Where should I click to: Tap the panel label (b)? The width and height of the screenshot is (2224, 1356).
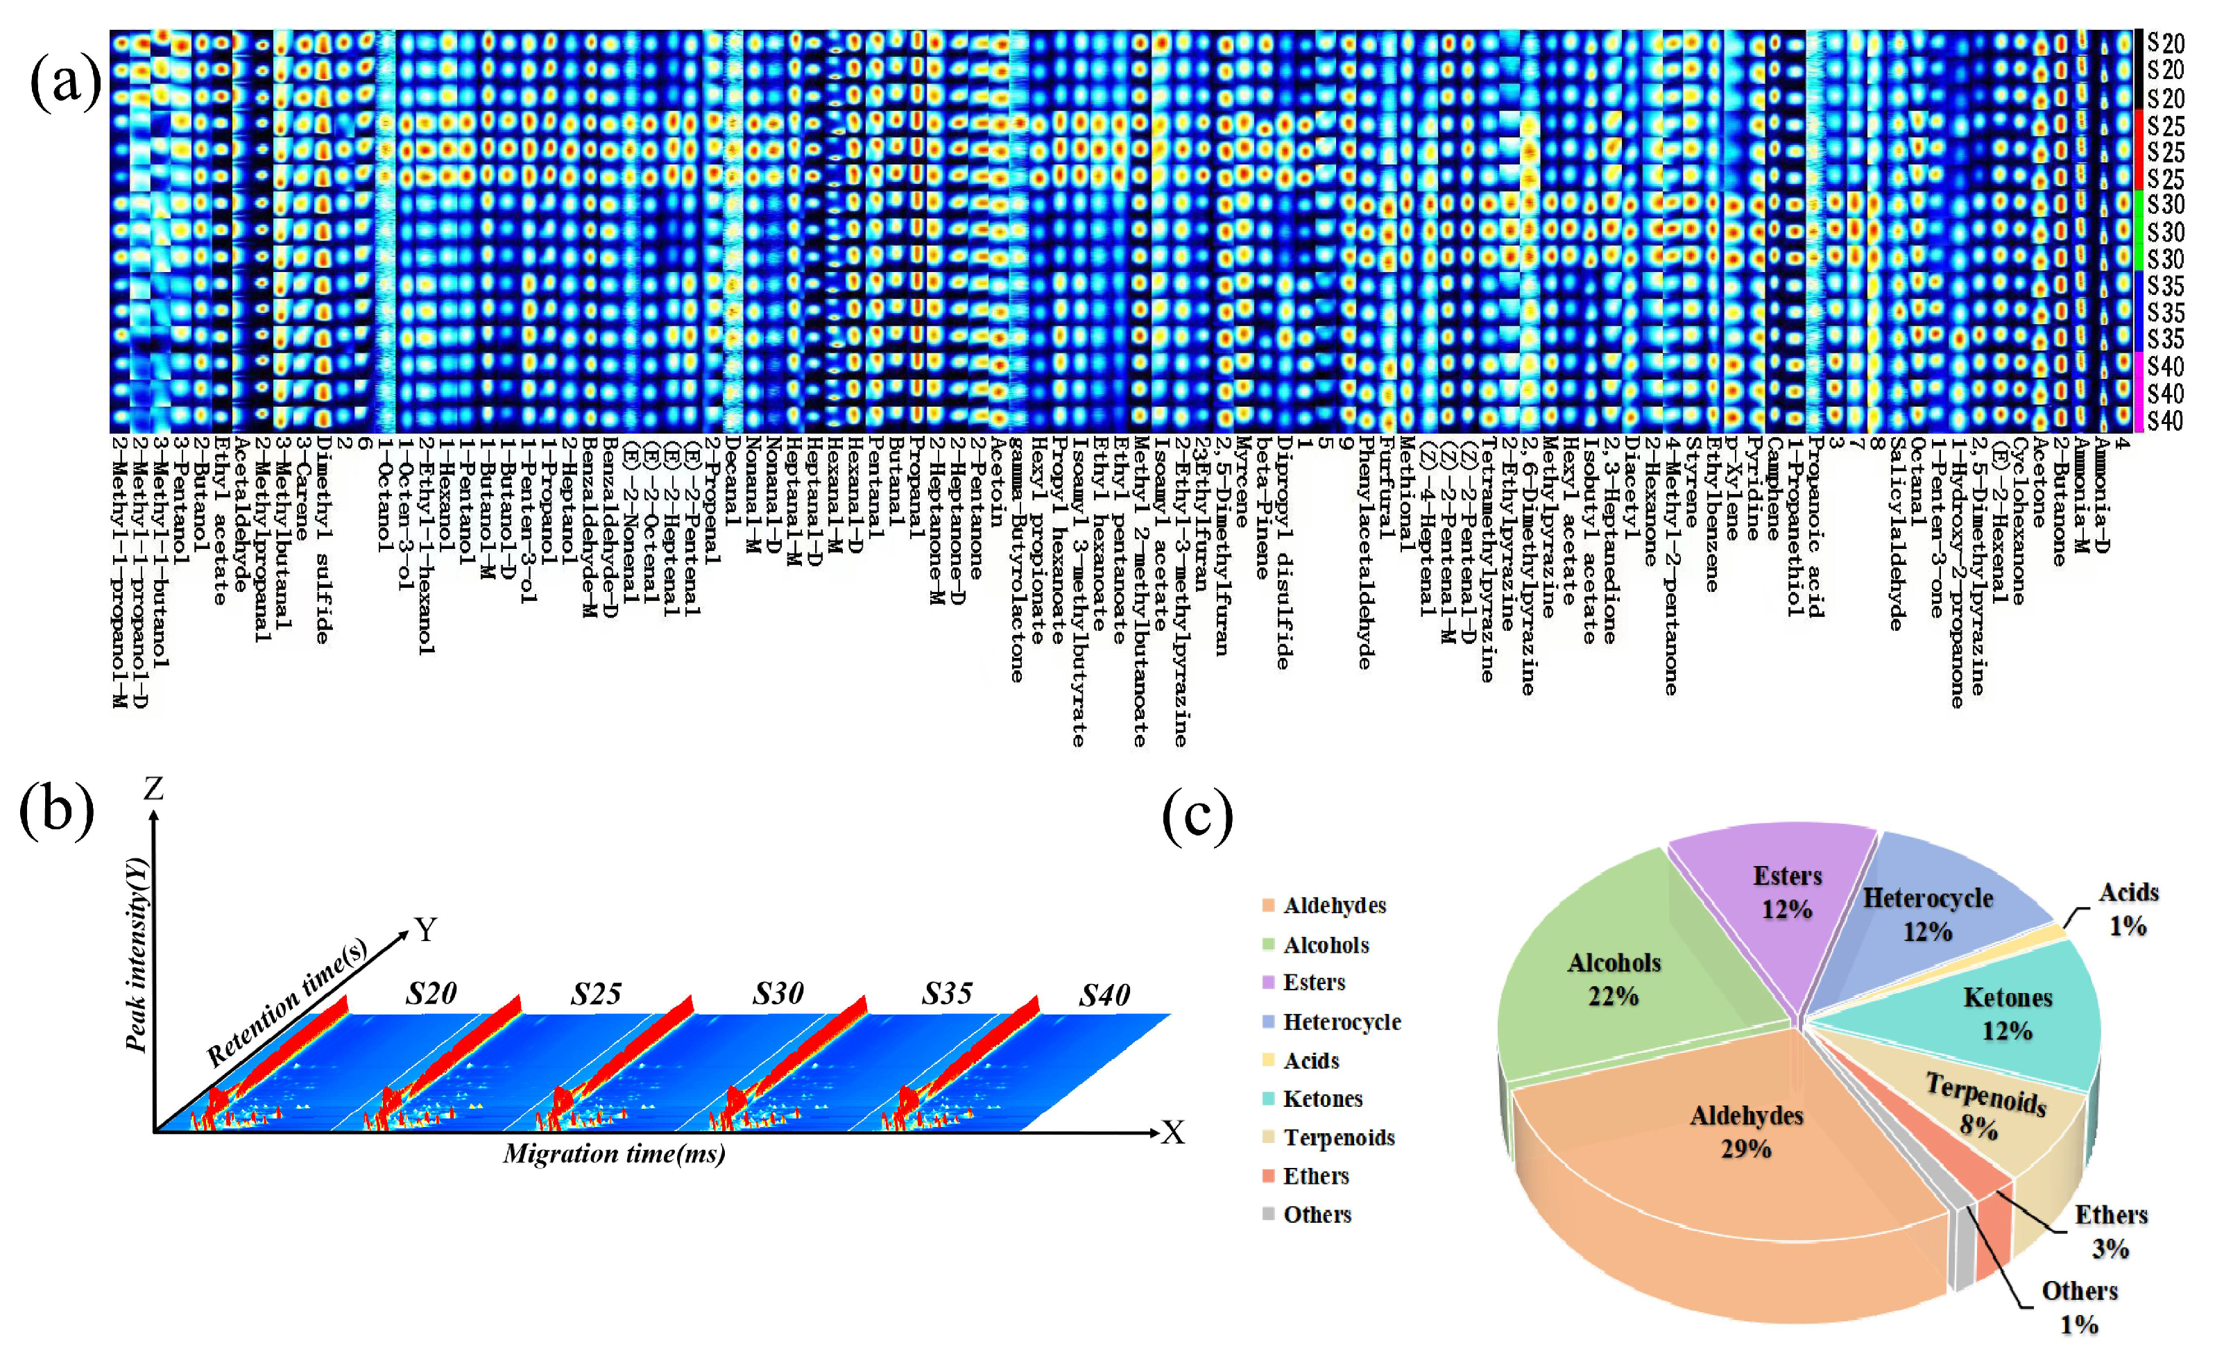(56, 810)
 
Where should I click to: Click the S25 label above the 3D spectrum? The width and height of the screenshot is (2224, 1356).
(596, 994)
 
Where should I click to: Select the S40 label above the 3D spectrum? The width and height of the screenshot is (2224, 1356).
(1104, 996)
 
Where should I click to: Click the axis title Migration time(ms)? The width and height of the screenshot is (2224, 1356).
(615, 1154)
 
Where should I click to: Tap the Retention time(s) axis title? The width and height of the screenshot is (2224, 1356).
(287, 1001)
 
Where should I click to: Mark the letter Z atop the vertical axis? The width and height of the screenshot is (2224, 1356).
(153, 789)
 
